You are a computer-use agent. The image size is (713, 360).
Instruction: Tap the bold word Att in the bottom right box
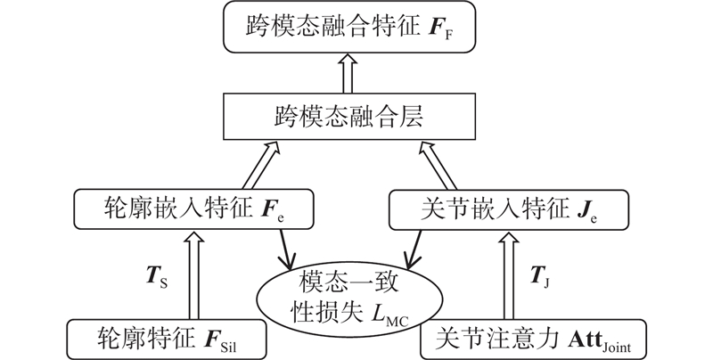click(578, 339)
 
